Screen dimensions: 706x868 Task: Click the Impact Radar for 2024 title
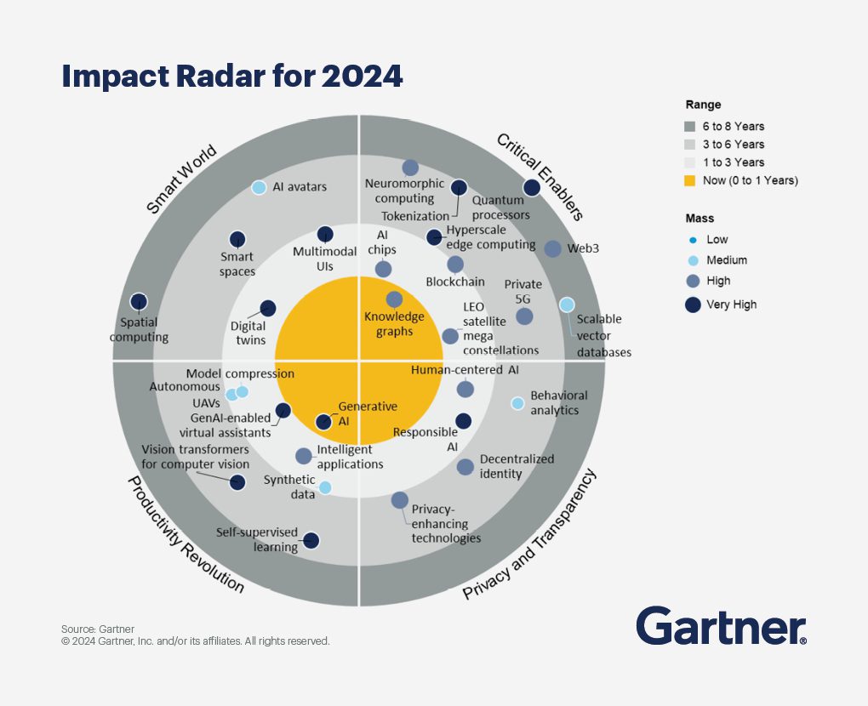click(x=231, y=77)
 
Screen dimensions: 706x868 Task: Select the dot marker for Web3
click(x=552, y=248)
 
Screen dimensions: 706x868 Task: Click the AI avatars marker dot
click(x=259, y=187)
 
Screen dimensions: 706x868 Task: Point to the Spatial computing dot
click(x=139, y=301)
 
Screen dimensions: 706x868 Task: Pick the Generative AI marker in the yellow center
click(x=323, y=421)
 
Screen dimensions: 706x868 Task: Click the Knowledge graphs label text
click(x=394, y=324)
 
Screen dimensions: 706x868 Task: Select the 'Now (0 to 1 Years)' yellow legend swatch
click(x=690, y=180)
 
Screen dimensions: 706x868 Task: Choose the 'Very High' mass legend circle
click(x=693, y=304)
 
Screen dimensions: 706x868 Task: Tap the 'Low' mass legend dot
click(x=693, y=240)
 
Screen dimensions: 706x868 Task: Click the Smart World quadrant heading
click(x=182, y=179)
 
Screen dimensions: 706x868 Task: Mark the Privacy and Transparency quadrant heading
click(x=529, y=536)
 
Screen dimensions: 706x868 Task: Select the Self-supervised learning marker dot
click(x=311, y=540)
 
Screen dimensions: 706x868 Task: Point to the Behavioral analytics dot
click(x=517, y=403)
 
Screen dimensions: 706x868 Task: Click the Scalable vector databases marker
click(x=567, y=305)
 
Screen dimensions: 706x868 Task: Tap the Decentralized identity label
click(x=516, y=466)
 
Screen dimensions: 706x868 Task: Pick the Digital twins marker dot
click(x=267, y=308)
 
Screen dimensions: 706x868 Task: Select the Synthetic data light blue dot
click(x=324, y=487)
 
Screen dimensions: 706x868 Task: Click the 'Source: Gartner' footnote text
click(x=98, y=629)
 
